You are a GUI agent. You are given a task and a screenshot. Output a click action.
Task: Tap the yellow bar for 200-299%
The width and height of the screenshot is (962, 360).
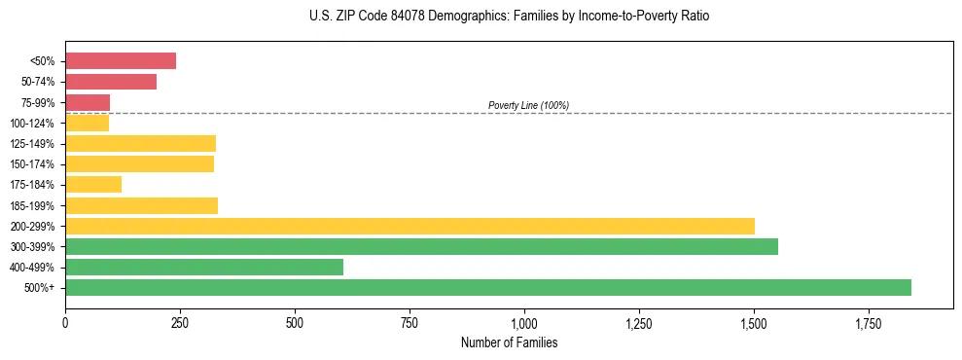(x=410, y=226)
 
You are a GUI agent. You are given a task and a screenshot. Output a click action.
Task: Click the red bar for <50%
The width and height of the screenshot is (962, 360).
(x=121, y=60)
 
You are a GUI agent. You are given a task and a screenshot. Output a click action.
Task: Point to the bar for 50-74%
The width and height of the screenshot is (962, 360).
(x=111, y=81)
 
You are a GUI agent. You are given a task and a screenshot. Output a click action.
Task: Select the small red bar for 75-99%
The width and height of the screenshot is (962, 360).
(x=88, y=102)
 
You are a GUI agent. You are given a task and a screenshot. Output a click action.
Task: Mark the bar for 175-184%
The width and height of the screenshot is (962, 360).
(x=93, y=184)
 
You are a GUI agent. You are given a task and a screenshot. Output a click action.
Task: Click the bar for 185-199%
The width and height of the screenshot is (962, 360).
(x=141, y=205)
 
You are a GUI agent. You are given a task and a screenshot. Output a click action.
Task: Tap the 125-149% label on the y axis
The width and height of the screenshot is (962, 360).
(x=32, y=144)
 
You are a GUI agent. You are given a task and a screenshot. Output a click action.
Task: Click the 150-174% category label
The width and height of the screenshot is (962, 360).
(x=32, y=164)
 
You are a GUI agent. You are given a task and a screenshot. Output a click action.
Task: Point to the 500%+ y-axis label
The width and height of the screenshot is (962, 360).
(x=40, y=288)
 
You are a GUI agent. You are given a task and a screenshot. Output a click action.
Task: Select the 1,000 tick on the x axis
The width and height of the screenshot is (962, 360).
(x=524, y=323)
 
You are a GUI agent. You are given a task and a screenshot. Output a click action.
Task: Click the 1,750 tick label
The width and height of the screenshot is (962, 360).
(x=869, y=323)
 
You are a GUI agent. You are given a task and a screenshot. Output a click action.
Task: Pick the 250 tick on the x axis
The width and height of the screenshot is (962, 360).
(x=180, y=323)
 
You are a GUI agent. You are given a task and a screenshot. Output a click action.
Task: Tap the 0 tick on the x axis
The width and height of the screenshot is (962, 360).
(x=65, y=323)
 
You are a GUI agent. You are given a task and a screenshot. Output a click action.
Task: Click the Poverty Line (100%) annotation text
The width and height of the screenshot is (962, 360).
(x=528, y=105)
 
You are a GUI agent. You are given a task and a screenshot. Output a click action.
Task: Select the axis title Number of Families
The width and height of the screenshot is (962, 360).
(x=509, y=342)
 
